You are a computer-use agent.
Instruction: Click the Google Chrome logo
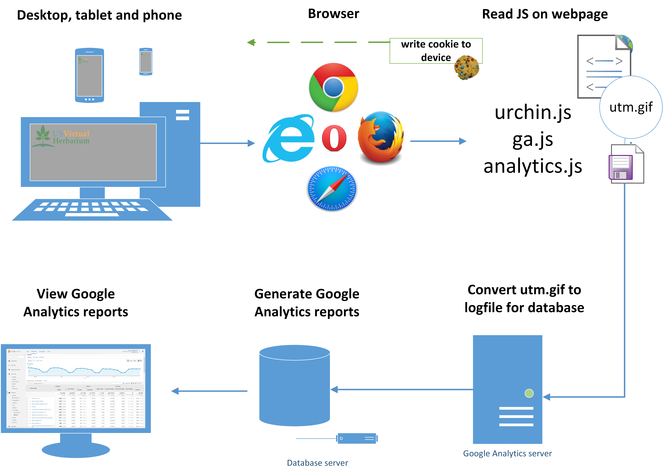333,87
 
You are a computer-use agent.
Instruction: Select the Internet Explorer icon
289,138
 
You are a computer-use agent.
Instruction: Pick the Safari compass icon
332,189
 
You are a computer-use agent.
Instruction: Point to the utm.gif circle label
631,107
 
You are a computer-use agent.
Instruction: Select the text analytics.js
533,166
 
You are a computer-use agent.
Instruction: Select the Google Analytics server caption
507,453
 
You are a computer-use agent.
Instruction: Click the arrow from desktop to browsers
227,143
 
